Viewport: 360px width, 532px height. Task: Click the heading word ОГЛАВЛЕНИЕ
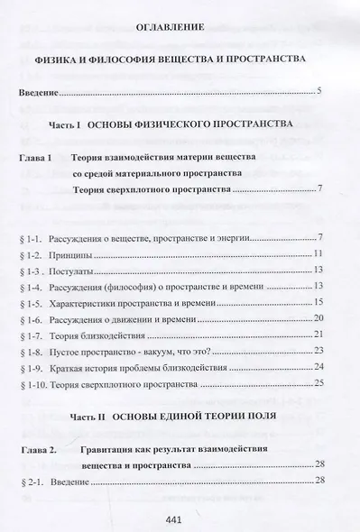pos(179,27)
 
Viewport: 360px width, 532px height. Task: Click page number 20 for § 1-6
pos(331,318)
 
